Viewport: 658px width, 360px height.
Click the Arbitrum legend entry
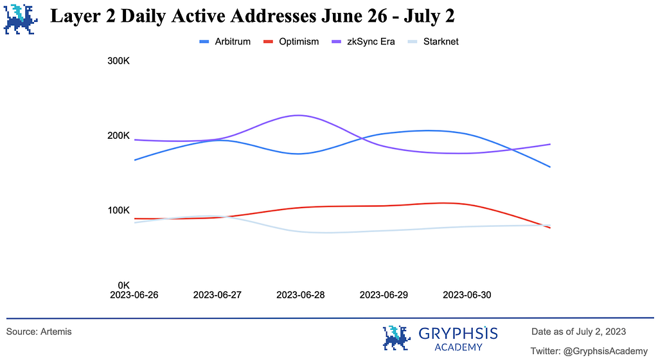click(x=224, y=42)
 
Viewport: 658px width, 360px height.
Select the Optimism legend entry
click(x=290, y=42)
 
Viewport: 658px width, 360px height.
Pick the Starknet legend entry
click(x=432, y=42)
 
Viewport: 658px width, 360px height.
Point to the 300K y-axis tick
click(x=119, y=62)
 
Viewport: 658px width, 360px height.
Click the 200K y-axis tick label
click(x=119, y=136)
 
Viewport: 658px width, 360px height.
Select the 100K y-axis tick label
click(x=119, y=211)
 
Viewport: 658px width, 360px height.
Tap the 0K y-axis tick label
click(x=123, y=285)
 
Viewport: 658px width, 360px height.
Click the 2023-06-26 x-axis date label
click(x=134, y=295)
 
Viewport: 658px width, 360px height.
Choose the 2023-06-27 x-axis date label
click(x=217, y=295)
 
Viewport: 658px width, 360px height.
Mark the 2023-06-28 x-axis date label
click(x=300, y=295)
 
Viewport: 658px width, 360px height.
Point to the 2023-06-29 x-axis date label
click(x=384, y=295)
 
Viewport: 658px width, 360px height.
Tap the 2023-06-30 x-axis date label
click(x=467, y=295)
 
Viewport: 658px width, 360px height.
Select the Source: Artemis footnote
click(x=39, y=332)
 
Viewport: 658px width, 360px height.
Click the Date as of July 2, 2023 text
click(x=579, y=332)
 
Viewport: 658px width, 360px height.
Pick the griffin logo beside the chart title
click(x=21, y=19)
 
